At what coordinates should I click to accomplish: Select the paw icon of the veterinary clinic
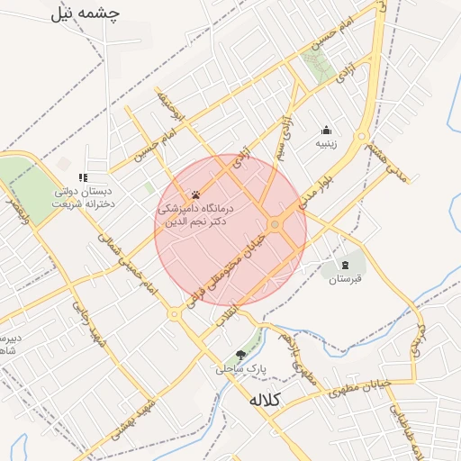(195, 194)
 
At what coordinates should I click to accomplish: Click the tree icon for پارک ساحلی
(240, 354)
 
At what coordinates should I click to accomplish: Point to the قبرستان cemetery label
(343, 279)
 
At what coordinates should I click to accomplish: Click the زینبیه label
(325, 143)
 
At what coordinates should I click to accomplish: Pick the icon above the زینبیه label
(325, 129)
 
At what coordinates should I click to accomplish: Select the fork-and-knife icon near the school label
(83, 176)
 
